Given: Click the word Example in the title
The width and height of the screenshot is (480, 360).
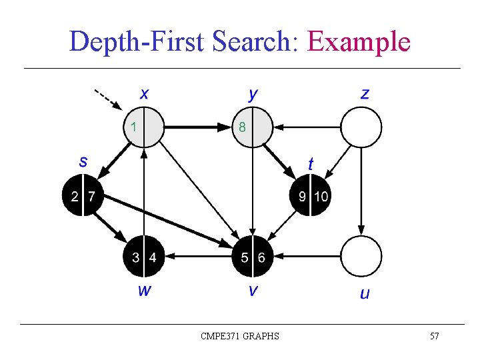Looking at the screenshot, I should (x=359, y=41).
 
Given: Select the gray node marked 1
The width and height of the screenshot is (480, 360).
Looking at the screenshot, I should (x=144, y=126).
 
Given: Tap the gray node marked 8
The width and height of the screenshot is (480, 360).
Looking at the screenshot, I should (x=253, y=126).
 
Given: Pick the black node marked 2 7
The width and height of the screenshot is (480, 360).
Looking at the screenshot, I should (x=83, y=196).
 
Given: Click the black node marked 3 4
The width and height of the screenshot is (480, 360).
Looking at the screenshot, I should (x=144, y=257).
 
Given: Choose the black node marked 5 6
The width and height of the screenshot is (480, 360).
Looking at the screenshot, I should (x=253, y=257).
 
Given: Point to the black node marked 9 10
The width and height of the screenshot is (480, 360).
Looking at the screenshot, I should (x=311, y=196).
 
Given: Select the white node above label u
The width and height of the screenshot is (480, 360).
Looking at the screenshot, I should (x=361, y=257).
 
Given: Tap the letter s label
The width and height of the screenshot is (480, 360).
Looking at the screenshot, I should (x=83, y=161).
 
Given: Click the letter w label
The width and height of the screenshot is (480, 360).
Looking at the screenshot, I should (x=143, y=290).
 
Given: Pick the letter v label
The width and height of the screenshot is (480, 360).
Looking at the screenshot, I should (x=253, y=291).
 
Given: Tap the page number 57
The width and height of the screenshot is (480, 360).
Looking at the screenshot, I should (x=434, y=336).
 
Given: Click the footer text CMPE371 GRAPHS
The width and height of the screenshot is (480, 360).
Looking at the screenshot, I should (x=240, y=336).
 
